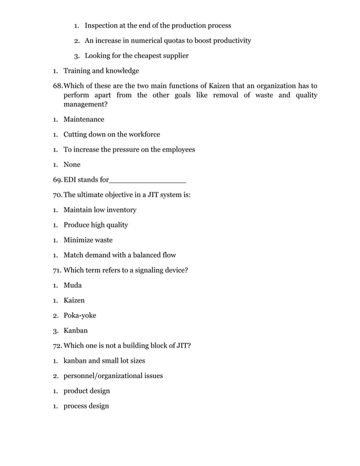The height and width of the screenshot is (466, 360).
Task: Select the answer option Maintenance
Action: (84, 120)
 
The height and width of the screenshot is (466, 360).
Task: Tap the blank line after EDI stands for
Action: (147, 180)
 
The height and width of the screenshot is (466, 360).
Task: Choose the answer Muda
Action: (73, 285)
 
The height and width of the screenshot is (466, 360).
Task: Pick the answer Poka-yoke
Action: (80, 315)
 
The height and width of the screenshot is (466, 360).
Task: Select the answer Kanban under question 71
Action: (75, 331)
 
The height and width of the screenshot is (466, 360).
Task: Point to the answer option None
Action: (72, 165)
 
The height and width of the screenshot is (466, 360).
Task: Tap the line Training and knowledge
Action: (101, 71)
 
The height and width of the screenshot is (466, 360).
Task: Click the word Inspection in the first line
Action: (103, 25)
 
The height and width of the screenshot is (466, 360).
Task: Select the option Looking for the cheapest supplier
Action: (137, 55)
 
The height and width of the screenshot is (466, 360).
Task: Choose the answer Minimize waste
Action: (87, 240)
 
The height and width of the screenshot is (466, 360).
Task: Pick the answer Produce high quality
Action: (95, 225)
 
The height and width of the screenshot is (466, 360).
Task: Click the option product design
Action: (86, 391)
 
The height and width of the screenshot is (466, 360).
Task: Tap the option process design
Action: (86, 406)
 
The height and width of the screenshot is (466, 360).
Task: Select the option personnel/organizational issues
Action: (113, 376)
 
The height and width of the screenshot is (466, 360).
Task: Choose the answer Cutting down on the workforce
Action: (112, 135)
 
